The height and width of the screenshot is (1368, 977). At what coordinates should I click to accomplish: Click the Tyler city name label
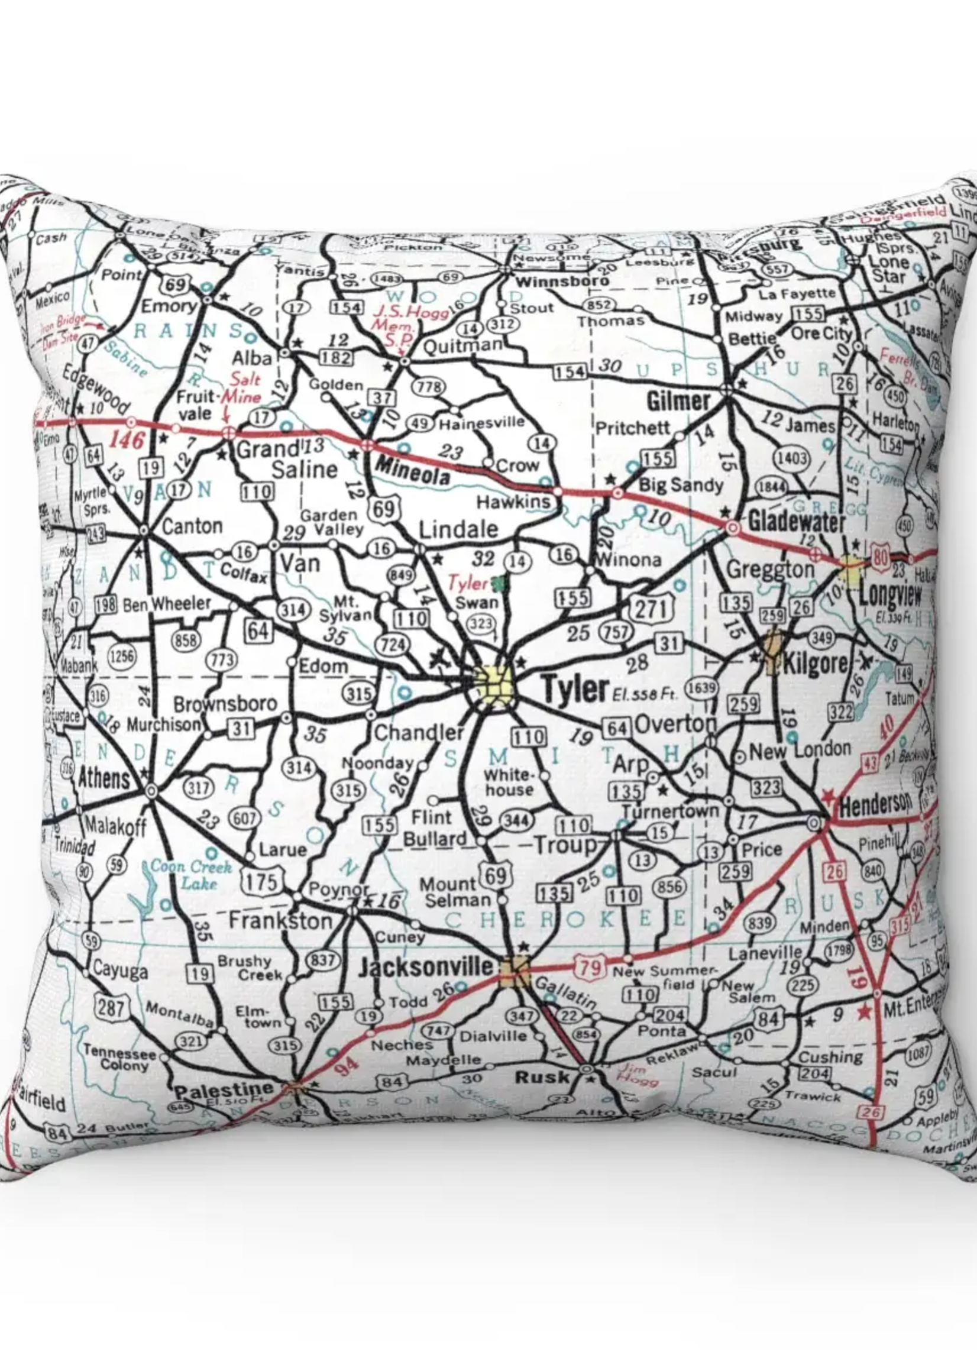point(574,689)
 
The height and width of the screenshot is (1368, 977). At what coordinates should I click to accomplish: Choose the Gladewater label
point(797,522)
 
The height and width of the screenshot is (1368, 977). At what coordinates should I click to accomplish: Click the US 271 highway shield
point(651,609)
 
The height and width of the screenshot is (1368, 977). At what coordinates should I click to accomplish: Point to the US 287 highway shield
point(111,1006)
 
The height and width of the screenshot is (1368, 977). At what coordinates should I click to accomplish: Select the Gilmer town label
point(678,401)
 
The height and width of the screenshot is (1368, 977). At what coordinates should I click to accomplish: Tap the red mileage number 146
point(127,440)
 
